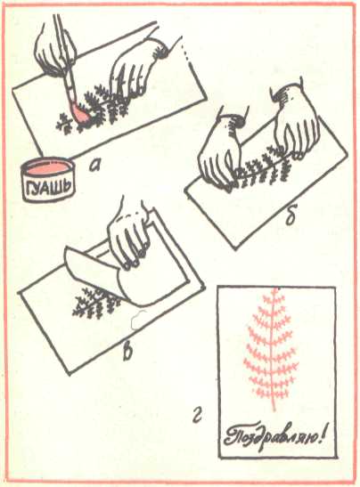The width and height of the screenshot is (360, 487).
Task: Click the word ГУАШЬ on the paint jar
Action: click(50, 186)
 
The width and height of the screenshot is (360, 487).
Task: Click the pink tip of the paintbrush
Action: click(81, 115)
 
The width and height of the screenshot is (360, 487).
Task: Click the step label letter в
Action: click(127, 353)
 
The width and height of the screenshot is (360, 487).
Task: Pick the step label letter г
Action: click(197, 416)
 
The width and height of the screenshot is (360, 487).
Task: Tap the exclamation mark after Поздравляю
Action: click(322, 435)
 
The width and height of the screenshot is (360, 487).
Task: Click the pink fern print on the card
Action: click(272, 349)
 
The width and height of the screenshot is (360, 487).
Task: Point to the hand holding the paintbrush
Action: click(55, 53)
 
